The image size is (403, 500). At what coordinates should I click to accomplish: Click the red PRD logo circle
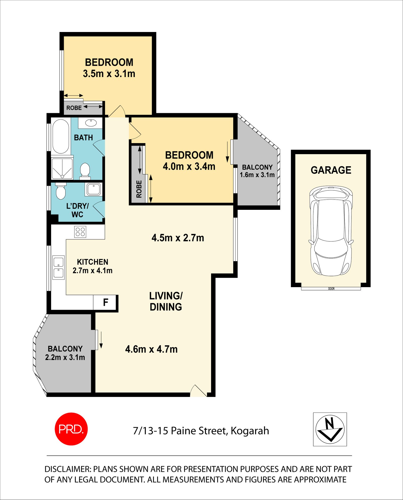click(x=71, y=429)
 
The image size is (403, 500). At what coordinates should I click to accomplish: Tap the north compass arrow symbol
click(x=330, y=429)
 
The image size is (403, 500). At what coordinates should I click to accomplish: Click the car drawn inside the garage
click(x=331, y=231)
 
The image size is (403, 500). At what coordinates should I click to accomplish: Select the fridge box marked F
click(x=105, y=302)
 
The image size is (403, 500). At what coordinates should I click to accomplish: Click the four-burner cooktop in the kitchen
click(x=80, y=232)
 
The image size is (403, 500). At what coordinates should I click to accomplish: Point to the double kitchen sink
click(x=58, y=268)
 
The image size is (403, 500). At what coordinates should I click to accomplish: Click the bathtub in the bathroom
click(x=60, y=136)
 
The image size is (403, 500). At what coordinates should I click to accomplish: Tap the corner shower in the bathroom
click(x=62, y=169)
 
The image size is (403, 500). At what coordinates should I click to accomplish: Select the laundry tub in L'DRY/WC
click(x=94, y=189)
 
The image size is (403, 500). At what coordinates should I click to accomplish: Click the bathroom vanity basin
click(x=90, y=123)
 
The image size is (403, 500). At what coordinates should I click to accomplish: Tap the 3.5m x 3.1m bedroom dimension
click(x=109, y=74)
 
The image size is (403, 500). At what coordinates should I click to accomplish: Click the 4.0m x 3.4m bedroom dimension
click(x=189, y=166)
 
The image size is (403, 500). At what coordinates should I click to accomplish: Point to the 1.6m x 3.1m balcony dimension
click(x=257, y=175)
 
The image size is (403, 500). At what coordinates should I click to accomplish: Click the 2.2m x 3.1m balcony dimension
click(x=65, y=357)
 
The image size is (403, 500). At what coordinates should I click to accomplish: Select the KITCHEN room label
click(x=92, y=262)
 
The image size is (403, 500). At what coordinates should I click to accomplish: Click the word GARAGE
click(x=331, y=170)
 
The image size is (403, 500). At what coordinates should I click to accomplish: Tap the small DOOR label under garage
click(x=331, y=289)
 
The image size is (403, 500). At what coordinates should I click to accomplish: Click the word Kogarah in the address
click(x=250, y=431)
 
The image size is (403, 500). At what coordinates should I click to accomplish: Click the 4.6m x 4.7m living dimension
click(x=151, y=349)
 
